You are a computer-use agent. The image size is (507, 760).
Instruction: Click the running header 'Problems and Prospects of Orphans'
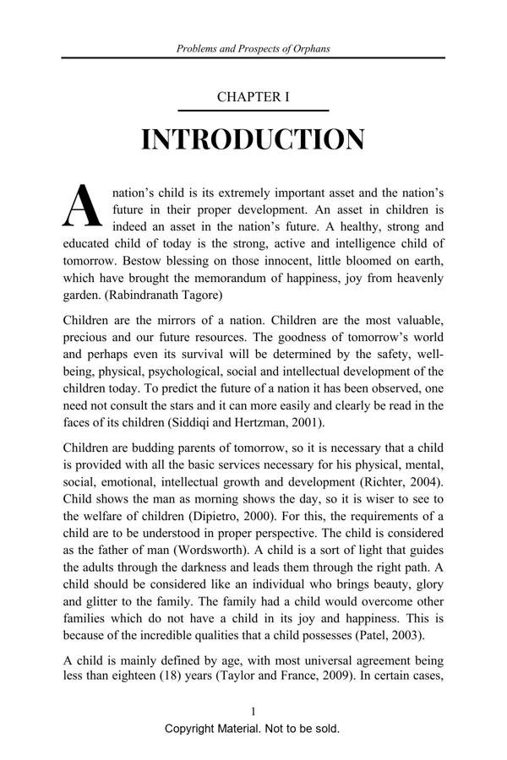[253, 48]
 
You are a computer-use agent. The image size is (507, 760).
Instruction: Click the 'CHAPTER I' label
[253, 97]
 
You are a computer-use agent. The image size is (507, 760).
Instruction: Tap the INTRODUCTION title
[253, 140]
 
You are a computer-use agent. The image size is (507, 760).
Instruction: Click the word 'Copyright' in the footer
[194, 729]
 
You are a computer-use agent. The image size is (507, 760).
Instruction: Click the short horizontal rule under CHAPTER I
[253, 111]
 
